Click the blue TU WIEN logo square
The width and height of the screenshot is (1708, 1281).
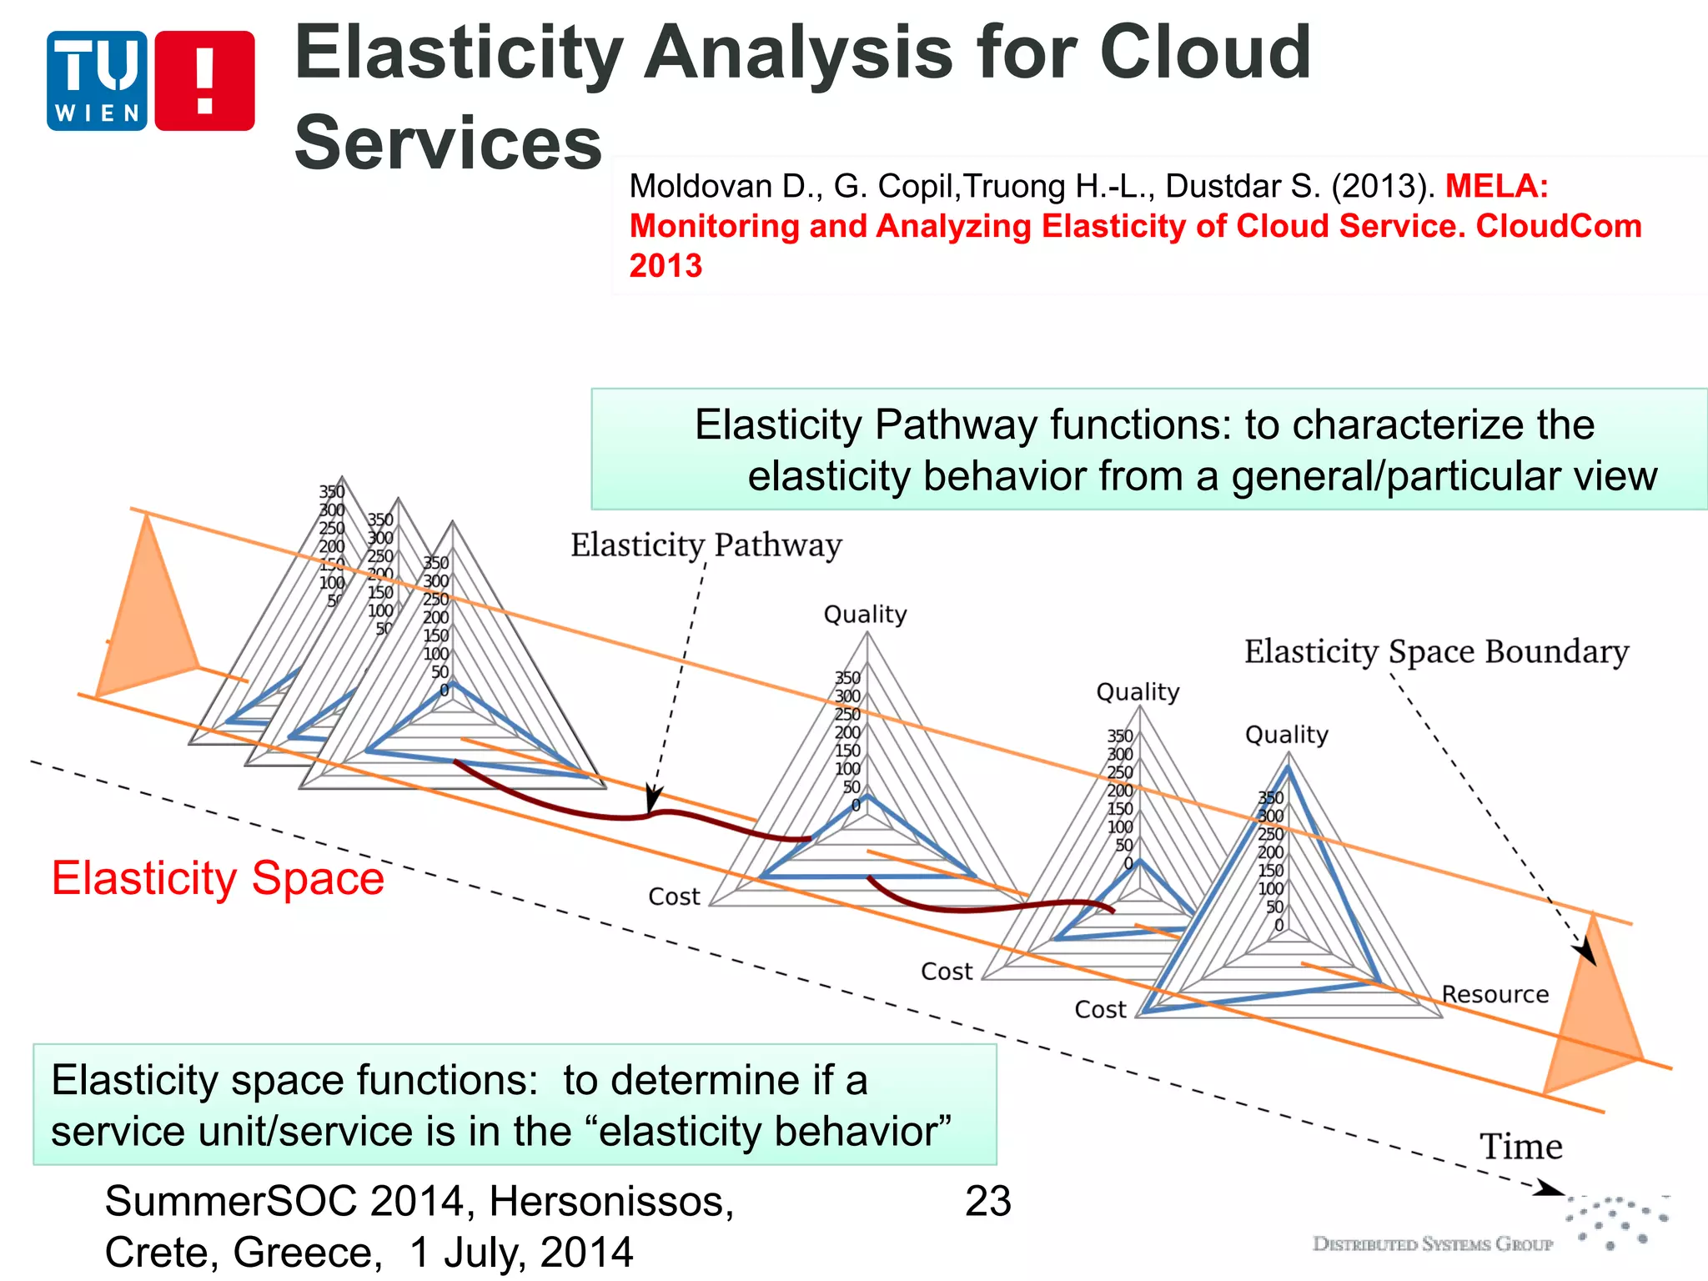[97, 81]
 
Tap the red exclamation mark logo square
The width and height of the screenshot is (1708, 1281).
[204, 81]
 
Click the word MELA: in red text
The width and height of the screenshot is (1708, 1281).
[1496, 185]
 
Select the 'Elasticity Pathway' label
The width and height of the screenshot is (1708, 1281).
[706, 545]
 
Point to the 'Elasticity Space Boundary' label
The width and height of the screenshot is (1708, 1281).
[1435, 651]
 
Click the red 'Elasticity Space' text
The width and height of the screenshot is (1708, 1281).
[218, 878]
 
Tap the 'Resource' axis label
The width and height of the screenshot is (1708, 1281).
[1494, 994]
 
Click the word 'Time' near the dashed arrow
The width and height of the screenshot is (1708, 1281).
[1520, 1147]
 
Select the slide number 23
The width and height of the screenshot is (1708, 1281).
[987, 1202]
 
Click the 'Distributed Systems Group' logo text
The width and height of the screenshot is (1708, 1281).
[1432, 1244]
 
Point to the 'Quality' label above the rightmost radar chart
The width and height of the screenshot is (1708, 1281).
[1286, 735]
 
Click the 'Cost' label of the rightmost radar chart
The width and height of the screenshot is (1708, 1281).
[1099, 1010]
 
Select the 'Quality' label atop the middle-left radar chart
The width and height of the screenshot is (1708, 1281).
[865, 615]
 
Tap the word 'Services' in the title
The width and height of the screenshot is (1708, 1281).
[448, 143]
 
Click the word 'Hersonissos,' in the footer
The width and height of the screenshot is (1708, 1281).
[611, 1202]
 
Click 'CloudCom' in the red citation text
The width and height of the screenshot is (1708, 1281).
[1558, 226]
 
